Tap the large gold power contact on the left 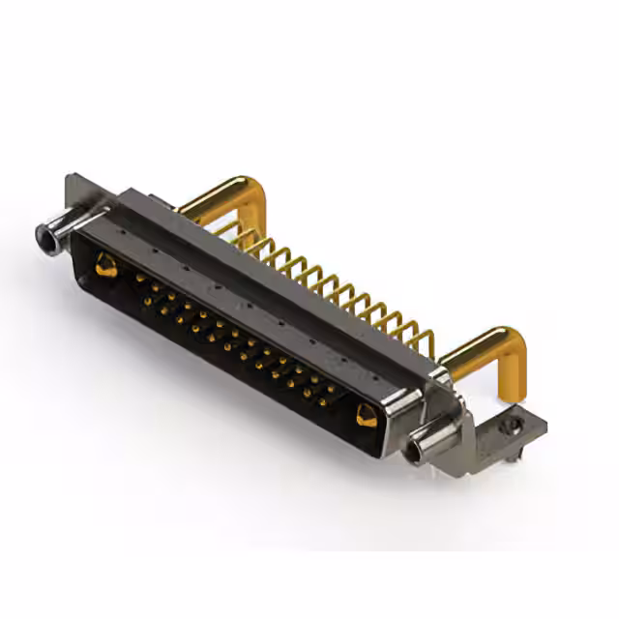coord(106,265)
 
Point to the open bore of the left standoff coord(43,233)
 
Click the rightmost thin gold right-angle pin coord(426,340)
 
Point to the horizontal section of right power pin coord(474,343)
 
